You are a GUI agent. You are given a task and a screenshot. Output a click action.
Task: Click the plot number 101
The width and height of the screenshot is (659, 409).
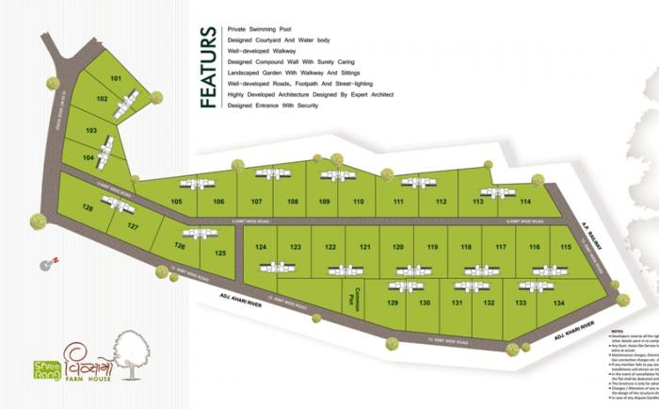pos(116,78)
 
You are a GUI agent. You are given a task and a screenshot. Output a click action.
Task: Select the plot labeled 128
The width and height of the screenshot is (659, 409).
pos(88,207)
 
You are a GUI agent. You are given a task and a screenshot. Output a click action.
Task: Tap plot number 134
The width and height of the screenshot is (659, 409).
pos(558,303)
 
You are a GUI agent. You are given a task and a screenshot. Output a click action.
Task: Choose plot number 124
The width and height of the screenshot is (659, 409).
pos(262,246)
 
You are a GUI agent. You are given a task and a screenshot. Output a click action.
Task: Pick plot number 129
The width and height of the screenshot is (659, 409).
pos(394,303)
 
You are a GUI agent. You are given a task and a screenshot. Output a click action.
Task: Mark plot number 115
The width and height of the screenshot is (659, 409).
pos(565,246)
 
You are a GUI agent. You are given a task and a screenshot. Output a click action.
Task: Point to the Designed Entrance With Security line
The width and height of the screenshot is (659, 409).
pos(273,105)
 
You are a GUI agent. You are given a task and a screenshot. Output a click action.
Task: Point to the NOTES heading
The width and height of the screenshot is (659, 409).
pos(618,332)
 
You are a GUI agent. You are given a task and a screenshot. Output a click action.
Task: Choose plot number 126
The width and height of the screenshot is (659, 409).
pos(180,246)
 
